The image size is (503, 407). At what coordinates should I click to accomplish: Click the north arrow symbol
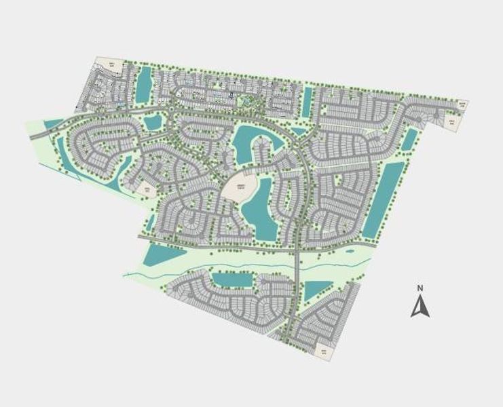(x=420, y=307)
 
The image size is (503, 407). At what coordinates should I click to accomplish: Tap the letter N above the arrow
(x=420, y=288)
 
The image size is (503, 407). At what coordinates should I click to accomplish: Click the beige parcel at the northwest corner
(x=113, y=66)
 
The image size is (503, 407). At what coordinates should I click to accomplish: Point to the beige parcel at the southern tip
(x=324, y=351)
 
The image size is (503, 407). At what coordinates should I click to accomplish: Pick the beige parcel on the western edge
(x=146, y=189)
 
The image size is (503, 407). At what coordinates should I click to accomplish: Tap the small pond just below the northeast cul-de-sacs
(x=409, y=140)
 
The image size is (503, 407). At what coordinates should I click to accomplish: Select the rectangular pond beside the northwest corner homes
(x=144, y=85)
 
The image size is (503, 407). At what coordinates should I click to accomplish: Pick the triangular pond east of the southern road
(x=313, y=290)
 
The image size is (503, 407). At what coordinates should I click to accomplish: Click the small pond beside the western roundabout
(x=153, y=122)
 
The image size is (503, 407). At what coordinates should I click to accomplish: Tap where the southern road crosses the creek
(x=297, y=262)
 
